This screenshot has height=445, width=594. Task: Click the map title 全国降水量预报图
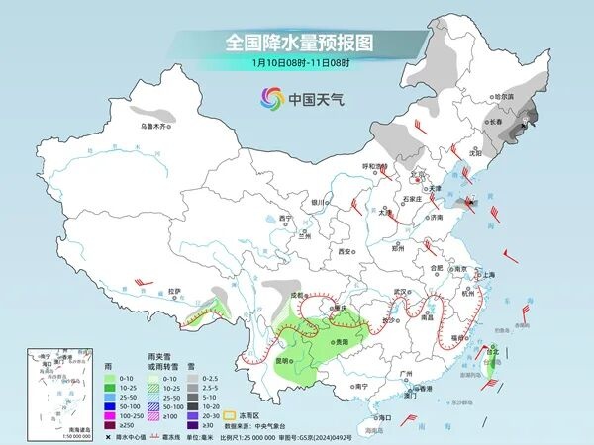pyautogui.click(x=296, y=43)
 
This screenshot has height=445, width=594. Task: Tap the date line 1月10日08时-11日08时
pyautogui.click(x=296, y=64)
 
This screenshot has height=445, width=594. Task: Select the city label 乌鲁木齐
pyautogui.click(x=153, y=126)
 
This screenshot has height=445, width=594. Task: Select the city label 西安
pyautogui.click(x=346, y=252)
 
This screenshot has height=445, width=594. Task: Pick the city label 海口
pyautogui.click(x=385, y=418)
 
